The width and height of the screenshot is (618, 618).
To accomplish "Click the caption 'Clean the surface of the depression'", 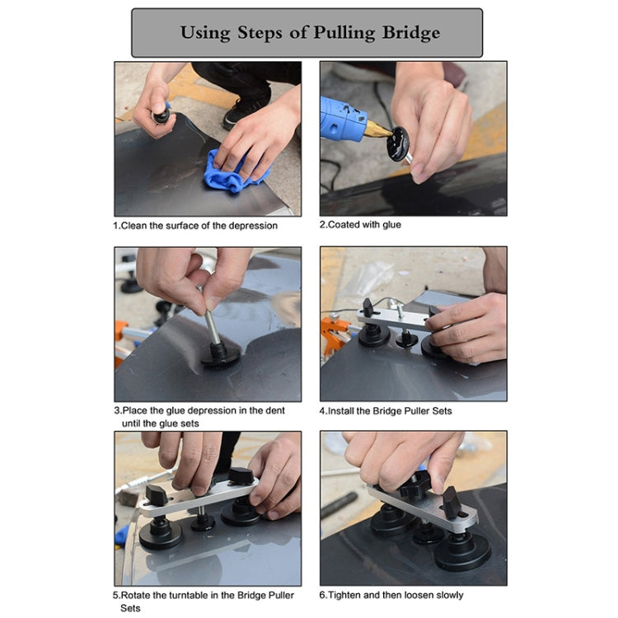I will [x=195, y=225].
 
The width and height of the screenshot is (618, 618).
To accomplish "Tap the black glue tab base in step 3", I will [x=220, y=354].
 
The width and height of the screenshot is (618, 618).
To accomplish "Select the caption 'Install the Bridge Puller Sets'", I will [x=386, y=410].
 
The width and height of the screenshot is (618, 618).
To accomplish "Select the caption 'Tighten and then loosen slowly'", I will [x=391, y=595].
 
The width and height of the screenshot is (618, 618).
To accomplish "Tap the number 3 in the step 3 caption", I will [x=116, y=410].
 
